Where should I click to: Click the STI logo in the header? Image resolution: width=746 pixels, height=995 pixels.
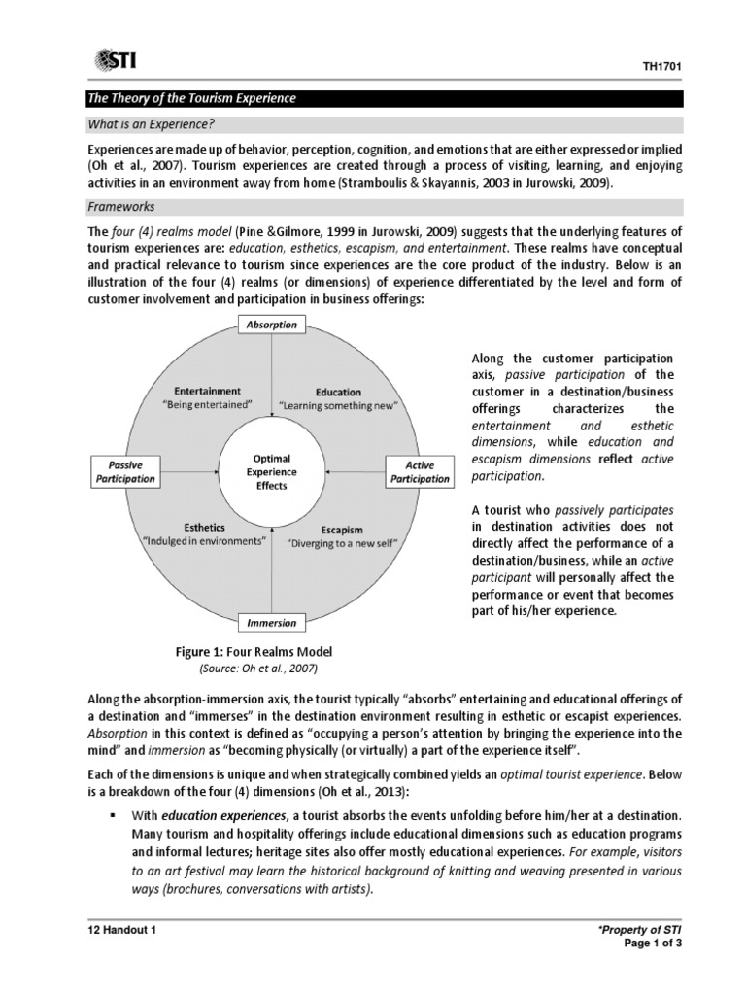click(x=116, y=61)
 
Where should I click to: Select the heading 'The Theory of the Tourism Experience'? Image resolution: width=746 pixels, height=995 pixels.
click(x=192, y=99)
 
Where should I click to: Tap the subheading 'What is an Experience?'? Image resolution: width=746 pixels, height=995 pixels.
click(x=151, y=126)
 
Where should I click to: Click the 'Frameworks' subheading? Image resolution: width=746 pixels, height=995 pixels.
click(x=121, y=207)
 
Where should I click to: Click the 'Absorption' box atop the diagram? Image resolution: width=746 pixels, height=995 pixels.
click(x=272, y=325)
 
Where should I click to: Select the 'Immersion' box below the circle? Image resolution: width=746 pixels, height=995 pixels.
click(x=272, y=622)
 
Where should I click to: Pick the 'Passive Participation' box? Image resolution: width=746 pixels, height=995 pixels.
click(x=125, y=472)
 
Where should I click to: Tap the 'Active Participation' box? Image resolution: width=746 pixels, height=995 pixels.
click(x=420, y=472)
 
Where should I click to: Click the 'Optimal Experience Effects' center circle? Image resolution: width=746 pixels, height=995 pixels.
click(x=272, y=471)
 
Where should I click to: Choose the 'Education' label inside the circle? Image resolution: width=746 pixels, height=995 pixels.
click(x=338, y=393)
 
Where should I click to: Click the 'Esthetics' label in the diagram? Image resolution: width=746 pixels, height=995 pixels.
click(x=205, y=528)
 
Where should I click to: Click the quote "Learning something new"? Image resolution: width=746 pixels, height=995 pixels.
click(x=339, y=405)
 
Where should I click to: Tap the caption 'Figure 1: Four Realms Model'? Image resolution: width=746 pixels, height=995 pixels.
click(x=253, y=652)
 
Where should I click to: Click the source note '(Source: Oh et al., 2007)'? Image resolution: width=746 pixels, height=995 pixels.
click(x=258, y=669)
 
